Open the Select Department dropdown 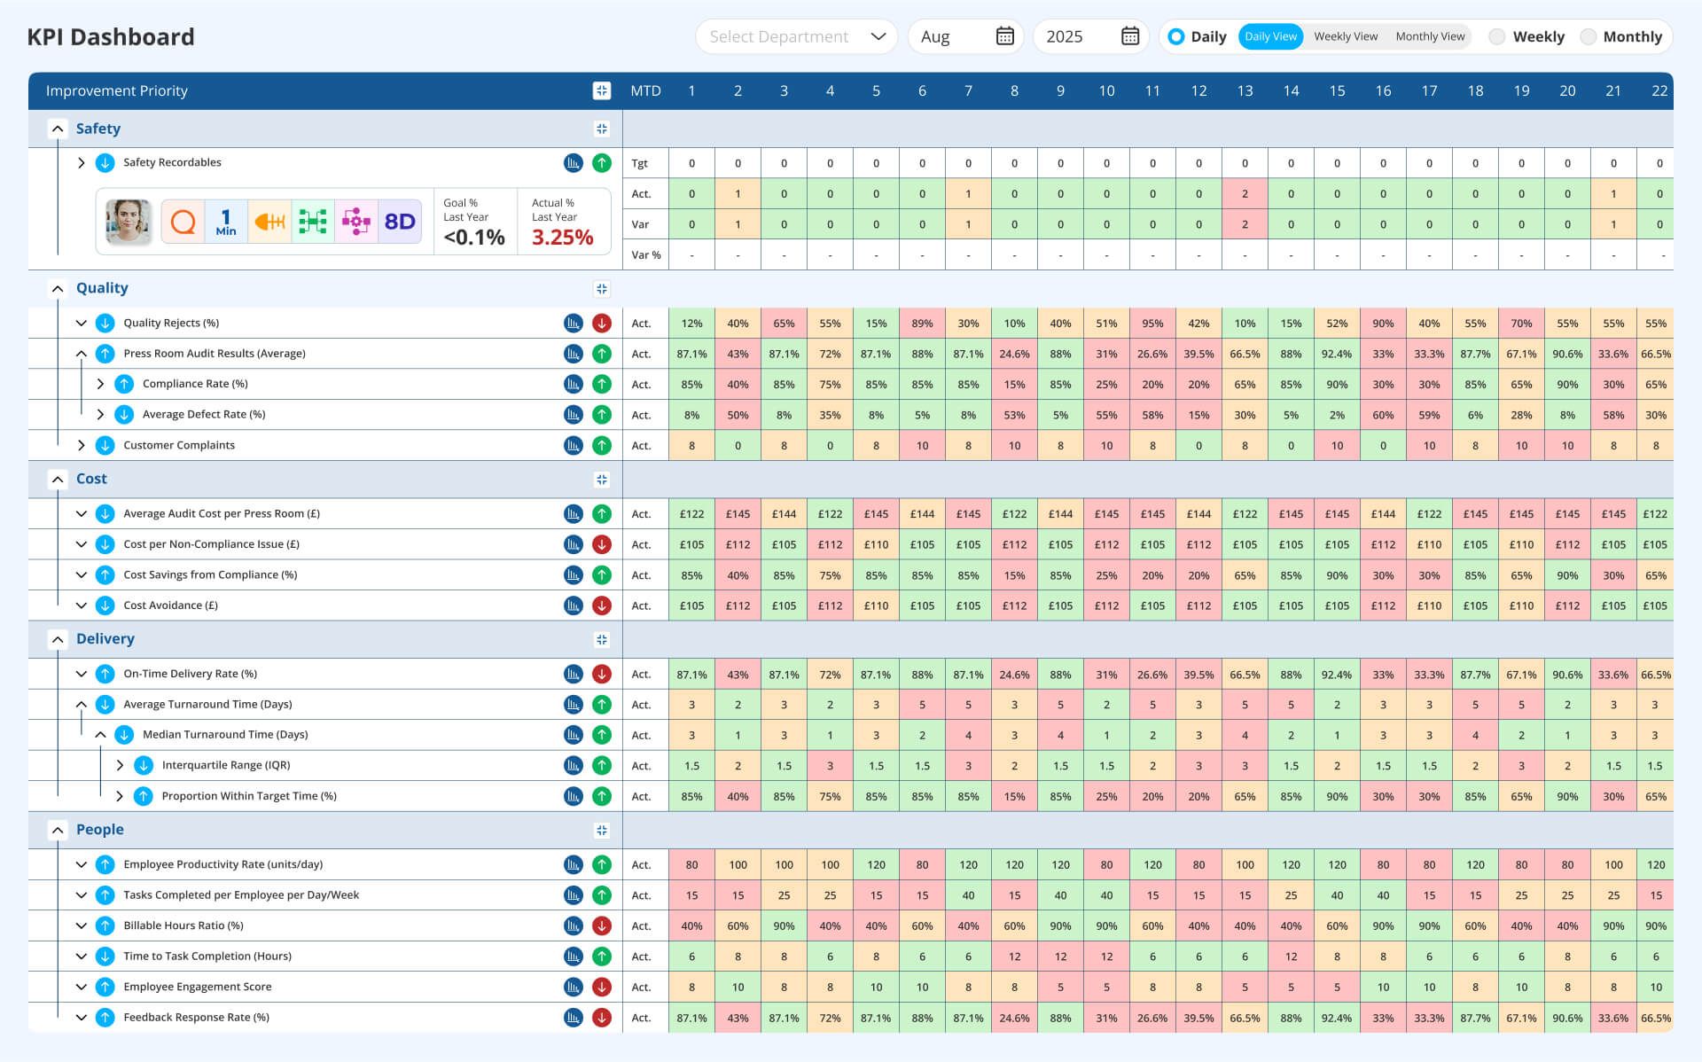coord(795,36)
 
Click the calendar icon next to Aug coord(1004,36)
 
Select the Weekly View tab coord(1345,36)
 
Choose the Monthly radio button coord(1589,36)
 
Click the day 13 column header coord(1245,90)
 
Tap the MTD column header coord(645,90)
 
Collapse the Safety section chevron coord(58,129)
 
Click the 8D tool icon coord(400,222)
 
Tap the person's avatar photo coord(128,222)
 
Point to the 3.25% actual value coord(562,237)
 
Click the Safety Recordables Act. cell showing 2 coord(1245,194)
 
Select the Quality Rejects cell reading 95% coord(1152,324)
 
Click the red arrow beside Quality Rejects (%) coord(602,324)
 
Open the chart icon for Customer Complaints coord(574,446)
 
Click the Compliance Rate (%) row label coord(195,384)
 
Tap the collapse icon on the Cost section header coord(602,480)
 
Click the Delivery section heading coord(105,639)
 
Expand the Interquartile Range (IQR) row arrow coord(120,765)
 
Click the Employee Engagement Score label coord(197,987)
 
